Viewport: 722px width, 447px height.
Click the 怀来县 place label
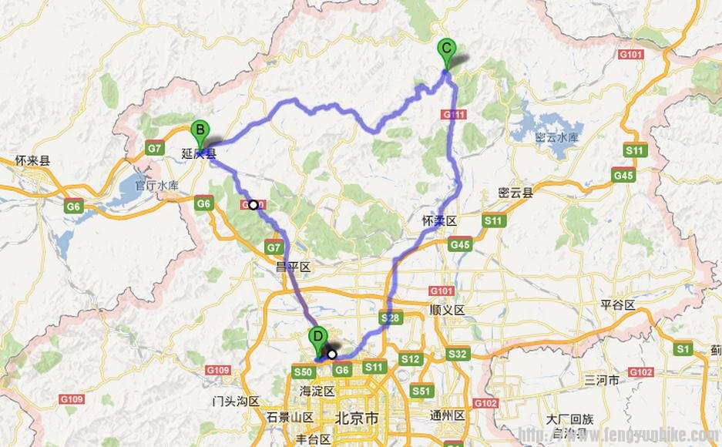(32, 161)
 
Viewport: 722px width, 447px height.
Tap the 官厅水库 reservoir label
(156, 186)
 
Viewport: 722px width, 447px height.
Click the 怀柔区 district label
(440, 220)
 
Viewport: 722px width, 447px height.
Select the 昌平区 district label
(293, 267)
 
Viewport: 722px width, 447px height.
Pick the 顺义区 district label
(448, 310)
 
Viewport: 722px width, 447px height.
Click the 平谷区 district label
(619, 305)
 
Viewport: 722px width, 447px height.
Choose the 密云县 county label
(516, 193)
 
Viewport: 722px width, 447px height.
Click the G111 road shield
(454, 114)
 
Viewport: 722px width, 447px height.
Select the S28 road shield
(389, 318)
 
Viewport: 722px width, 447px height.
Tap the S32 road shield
(458, 354)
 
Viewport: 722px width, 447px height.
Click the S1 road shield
(683, 349)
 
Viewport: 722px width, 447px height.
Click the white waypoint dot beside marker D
(332, 355)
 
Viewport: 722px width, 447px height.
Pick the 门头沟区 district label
(237, 402)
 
